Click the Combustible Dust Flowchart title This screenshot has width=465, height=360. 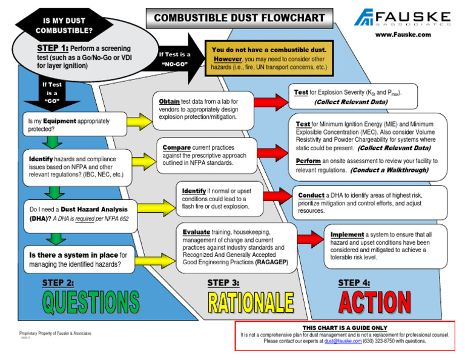click(x=240, y=18)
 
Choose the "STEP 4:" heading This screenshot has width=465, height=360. click(x=354, y=282)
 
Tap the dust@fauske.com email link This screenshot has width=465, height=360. click(x=340, y=341)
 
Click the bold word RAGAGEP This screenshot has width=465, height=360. click(x=271, y=262)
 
